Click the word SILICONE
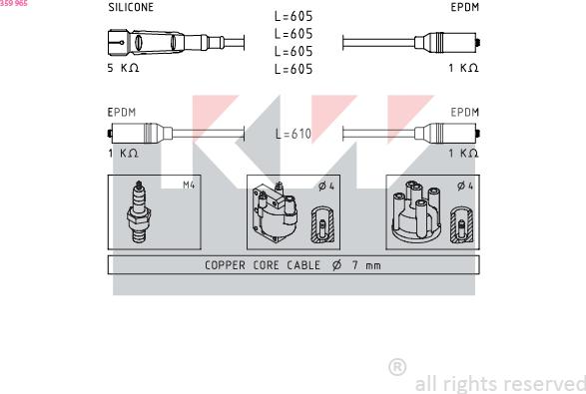coord(131,7)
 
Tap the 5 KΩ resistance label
coord(123,68)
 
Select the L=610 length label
coord(293,134)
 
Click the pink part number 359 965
coord(14,3)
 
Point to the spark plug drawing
coord(139,212)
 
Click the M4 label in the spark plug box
coord(189,185)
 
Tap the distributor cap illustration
coord(416,213)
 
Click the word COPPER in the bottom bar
coord(225,265)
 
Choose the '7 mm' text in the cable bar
coord(366,265)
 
